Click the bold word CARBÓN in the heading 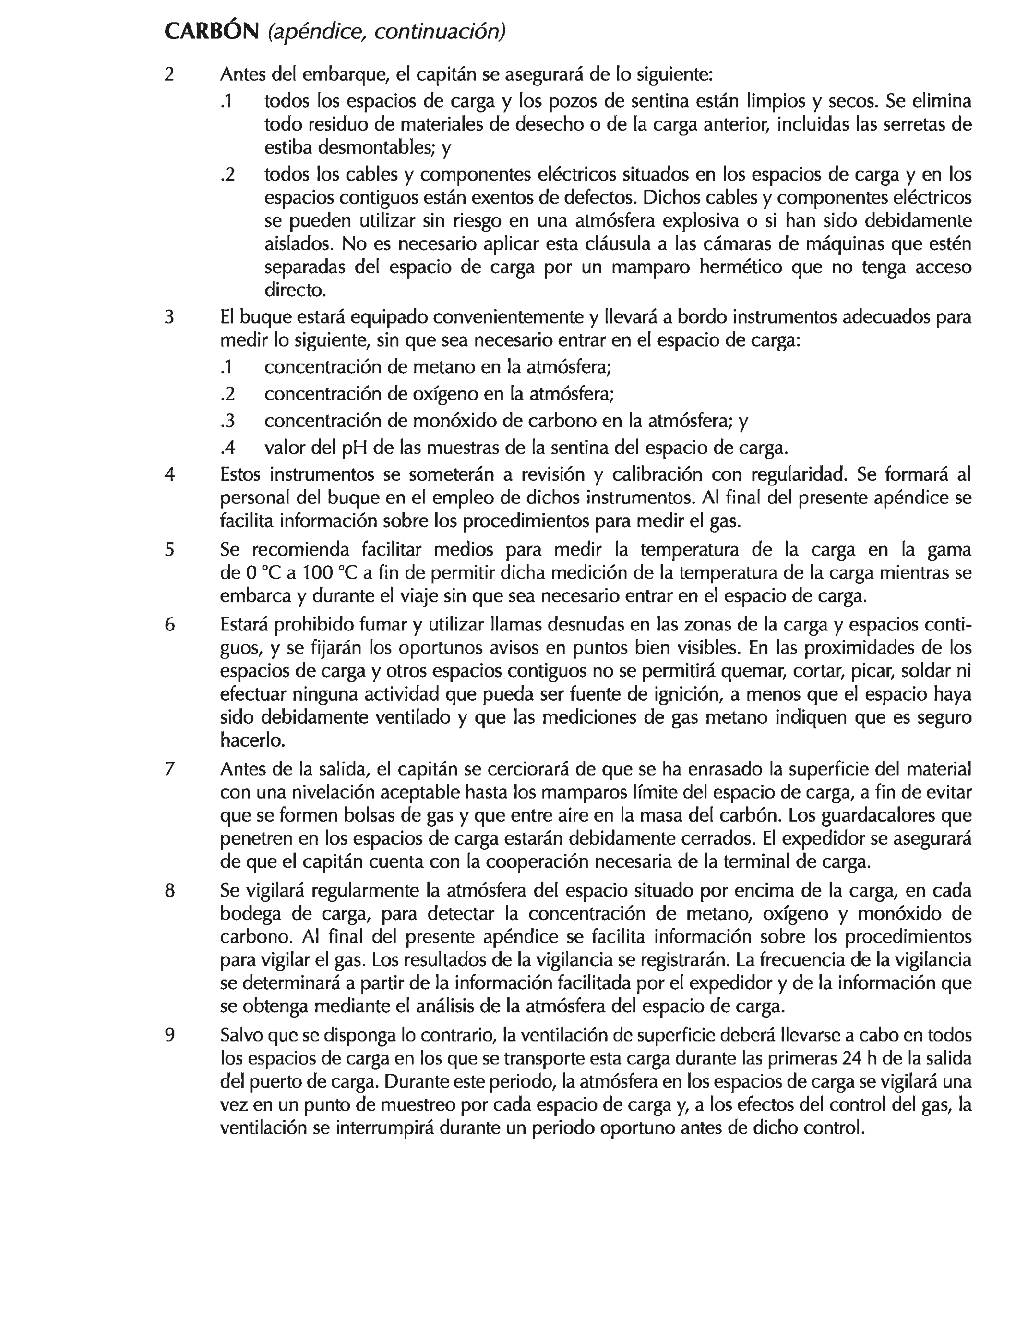(x=211, y=32)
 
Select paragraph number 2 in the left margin (x=169, y=74)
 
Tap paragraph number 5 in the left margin (x=169, y=549)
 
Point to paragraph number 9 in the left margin (x=169, y=1035)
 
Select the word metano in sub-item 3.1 (x=444, y=367)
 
